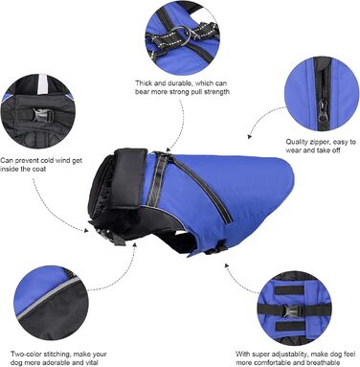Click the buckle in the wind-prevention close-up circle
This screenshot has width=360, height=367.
click(41, 116)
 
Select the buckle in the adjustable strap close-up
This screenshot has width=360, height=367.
click(292, 310)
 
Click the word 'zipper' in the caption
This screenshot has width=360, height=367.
click(322, 142)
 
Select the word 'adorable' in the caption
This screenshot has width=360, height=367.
click(58, 362)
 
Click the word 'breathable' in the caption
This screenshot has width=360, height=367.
click(324, 362)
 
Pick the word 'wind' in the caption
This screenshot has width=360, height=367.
click(63, 160)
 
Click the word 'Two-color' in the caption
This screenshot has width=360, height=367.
click(25, 355)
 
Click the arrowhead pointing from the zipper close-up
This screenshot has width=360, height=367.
click(249, 137)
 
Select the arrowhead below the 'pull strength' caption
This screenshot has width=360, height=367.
click(169, 149)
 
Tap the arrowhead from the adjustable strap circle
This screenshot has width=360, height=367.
click(227, 265)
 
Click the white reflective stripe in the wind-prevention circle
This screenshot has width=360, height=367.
click(42, 84)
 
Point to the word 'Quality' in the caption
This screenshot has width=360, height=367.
click(297, 142)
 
